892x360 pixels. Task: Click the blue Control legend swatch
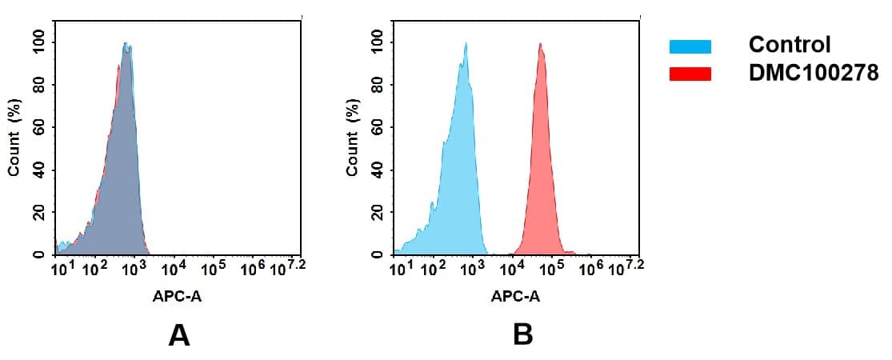(690, 46)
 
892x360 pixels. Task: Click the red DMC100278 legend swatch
(690, 74)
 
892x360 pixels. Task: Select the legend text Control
(789, 45)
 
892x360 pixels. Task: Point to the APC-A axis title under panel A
(177, 297)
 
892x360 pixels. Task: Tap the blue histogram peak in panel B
(465, 45)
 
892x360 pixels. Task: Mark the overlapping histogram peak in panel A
(126, 45)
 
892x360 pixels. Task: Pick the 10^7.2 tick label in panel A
(289, 266)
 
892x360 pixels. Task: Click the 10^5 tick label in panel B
(550, 266)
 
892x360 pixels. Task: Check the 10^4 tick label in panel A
(174, 266)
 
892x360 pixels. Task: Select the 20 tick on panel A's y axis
(38, 213)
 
